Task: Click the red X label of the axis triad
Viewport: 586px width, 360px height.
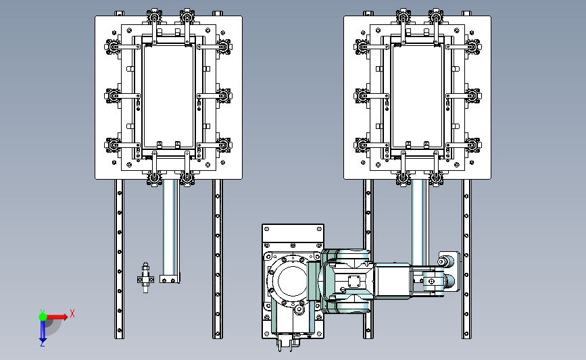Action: pyautogui.click(x=72, y=313)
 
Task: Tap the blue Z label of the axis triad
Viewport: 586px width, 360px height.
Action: pyautogui.click(x=42, y=344)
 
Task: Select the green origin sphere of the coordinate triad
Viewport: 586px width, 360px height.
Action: pyautogui.click(x=43, y=317)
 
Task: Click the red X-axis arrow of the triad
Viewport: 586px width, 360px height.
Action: pyautogui.click(x=57, y=317)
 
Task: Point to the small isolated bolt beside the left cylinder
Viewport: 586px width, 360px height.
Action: pyautogui.click(x=145, y=278)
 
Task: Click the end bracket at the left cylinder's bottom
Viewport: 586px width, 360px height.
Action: pyautogui.click(x=169, y=280)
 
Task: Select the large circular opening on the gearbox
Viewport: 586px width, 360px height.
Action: pyautogui.click(x=292, y=280)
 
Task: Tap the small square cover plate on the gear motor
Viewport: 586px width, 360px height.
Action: pyautogui.click(x=353, y=281)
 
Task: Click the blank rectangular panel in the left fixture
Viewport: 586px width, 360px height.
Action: pyautogui.click(x=168, y=97)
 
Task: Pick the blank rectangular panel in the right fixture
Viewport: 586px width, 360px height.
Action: pyautogui.click(x=417, y=97)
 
